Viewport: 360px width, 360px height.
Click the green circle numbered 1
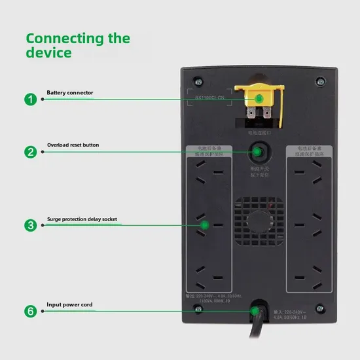(x=30, y=99)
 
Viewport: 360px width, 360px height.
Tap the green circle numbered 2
(x=30, y=152)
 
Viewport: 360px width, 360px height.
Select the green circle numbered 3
(x=30, y=225)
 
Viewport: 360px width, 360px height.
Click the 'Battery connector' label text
(x=69, y=93)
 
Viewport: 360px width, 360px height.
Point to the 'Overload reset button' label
(x=73, y=145)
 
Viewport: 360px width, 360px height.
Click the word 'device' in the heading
(x=48, y=52)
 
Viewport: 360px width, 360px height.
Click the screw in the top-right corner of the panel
(x=319, y=82)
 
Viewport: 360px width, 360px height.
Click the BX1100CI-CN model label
(x=209, y=98)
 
